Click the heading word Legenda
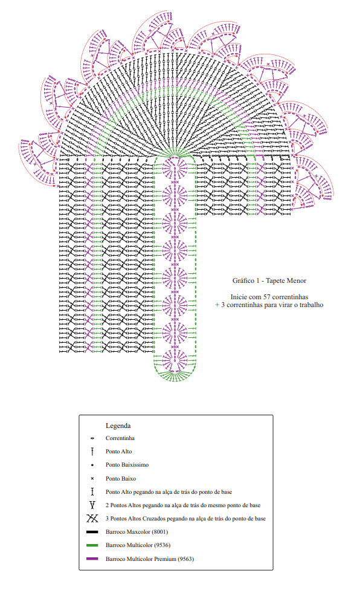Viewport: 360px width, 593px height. [x=118, y=426]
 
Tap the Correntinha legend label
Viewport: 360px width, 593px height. [x=120, y=438]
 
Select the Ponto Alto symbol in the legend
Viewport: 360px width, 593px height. [x=92, y=451]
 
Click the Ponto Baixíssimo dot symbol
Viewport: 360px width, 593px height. [x=92, y=465]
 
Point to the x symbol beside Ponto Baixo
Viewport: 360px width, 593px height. [x=92, y=478]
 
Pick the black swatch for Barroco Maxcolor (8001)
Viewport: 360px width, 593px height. [x=92, y=532]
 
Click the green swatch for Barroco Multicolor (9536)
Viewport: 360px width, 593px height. [x=92, y=545]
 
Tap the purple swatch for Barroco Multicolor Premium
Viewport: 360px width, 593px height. [x=92, y=559]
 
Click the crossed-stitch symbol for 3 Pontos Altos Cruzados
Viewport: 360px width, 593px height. [x=92, y=518]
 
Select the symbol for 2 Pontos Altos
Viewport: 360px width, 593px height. [x=92, y=505]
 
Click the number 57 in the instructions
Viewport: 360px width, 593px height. [x=267, y=297]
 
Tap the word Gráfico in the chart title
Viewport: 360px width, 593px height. [x=243, y=280]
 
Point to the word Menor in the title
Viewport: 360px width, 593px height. [x=297, y=280]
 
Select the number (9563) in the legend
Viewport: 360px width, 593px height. [x=186, y=559]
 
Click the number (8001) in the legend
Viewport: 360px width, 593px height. [x=160, y=532]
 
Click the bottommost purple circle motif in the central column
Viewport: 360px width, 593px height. [x=175, y=360]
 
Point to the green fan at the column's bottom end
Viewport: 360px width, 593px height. [x=175, y=375]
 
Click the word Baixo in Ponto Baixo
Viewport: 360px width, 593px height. [x=129, y=478]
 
